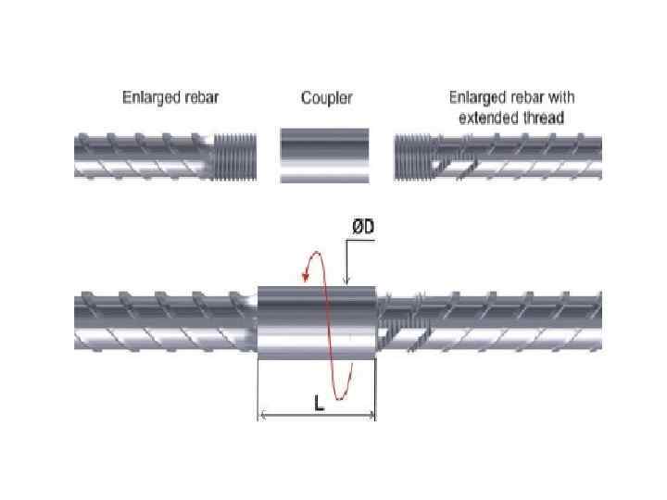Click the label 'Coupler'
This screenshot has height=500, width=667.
(327, 98)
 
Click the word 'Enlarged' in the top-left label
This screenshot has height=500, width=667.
(149, 97)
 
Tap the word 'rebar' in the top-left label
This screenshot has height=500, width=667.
(199, 97)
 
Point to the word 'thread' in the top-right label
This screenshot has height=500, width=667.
(546, 118)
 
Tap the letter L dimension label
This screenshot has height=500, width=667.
(318, 404)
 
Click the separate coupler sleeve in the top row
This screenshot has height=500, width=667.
(324, 156)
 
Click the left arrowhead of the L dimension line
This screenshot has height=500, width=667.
(261, 416)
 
